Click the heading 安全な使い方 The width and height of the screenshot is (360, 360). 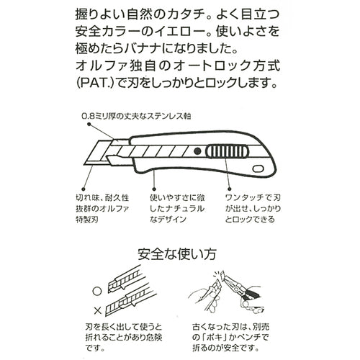point(179,254)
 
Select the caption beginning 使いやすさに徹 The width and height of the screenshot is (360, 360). point(179,195)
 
